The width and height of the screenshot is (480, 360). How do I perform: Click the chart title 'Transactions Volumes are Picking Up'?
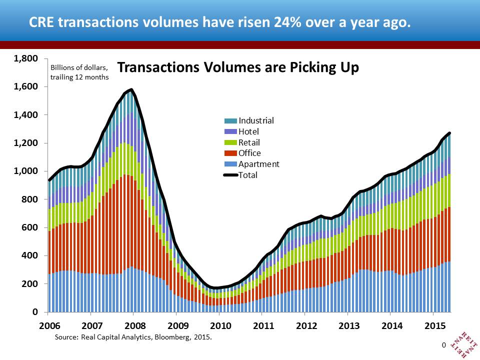237,68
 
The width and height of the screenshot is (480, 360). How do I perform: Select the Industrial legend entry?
256,120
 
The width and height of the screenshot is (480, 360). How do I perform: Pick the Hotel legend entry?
249,131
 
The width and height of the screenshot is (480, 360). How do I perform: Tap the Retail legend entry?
249,142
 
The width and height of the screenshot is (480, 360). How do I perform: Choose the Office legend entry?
249,153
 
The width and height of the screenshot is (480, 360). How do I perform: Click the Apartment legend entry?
258,164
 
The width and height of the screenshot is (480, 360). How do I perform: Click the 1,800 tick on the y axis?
26,59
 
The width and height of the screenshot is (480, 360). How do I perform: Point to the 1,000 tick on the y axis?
26,171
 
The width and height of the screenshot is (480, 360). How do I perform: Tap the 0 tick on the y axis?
35,312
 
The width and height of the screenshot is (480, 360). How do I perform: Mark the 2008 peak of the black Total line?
131,90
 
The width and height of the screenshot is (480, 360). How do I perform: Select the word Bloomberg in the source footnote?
162,337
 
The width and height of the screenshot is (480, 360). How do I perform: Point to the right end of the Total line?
450,133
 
